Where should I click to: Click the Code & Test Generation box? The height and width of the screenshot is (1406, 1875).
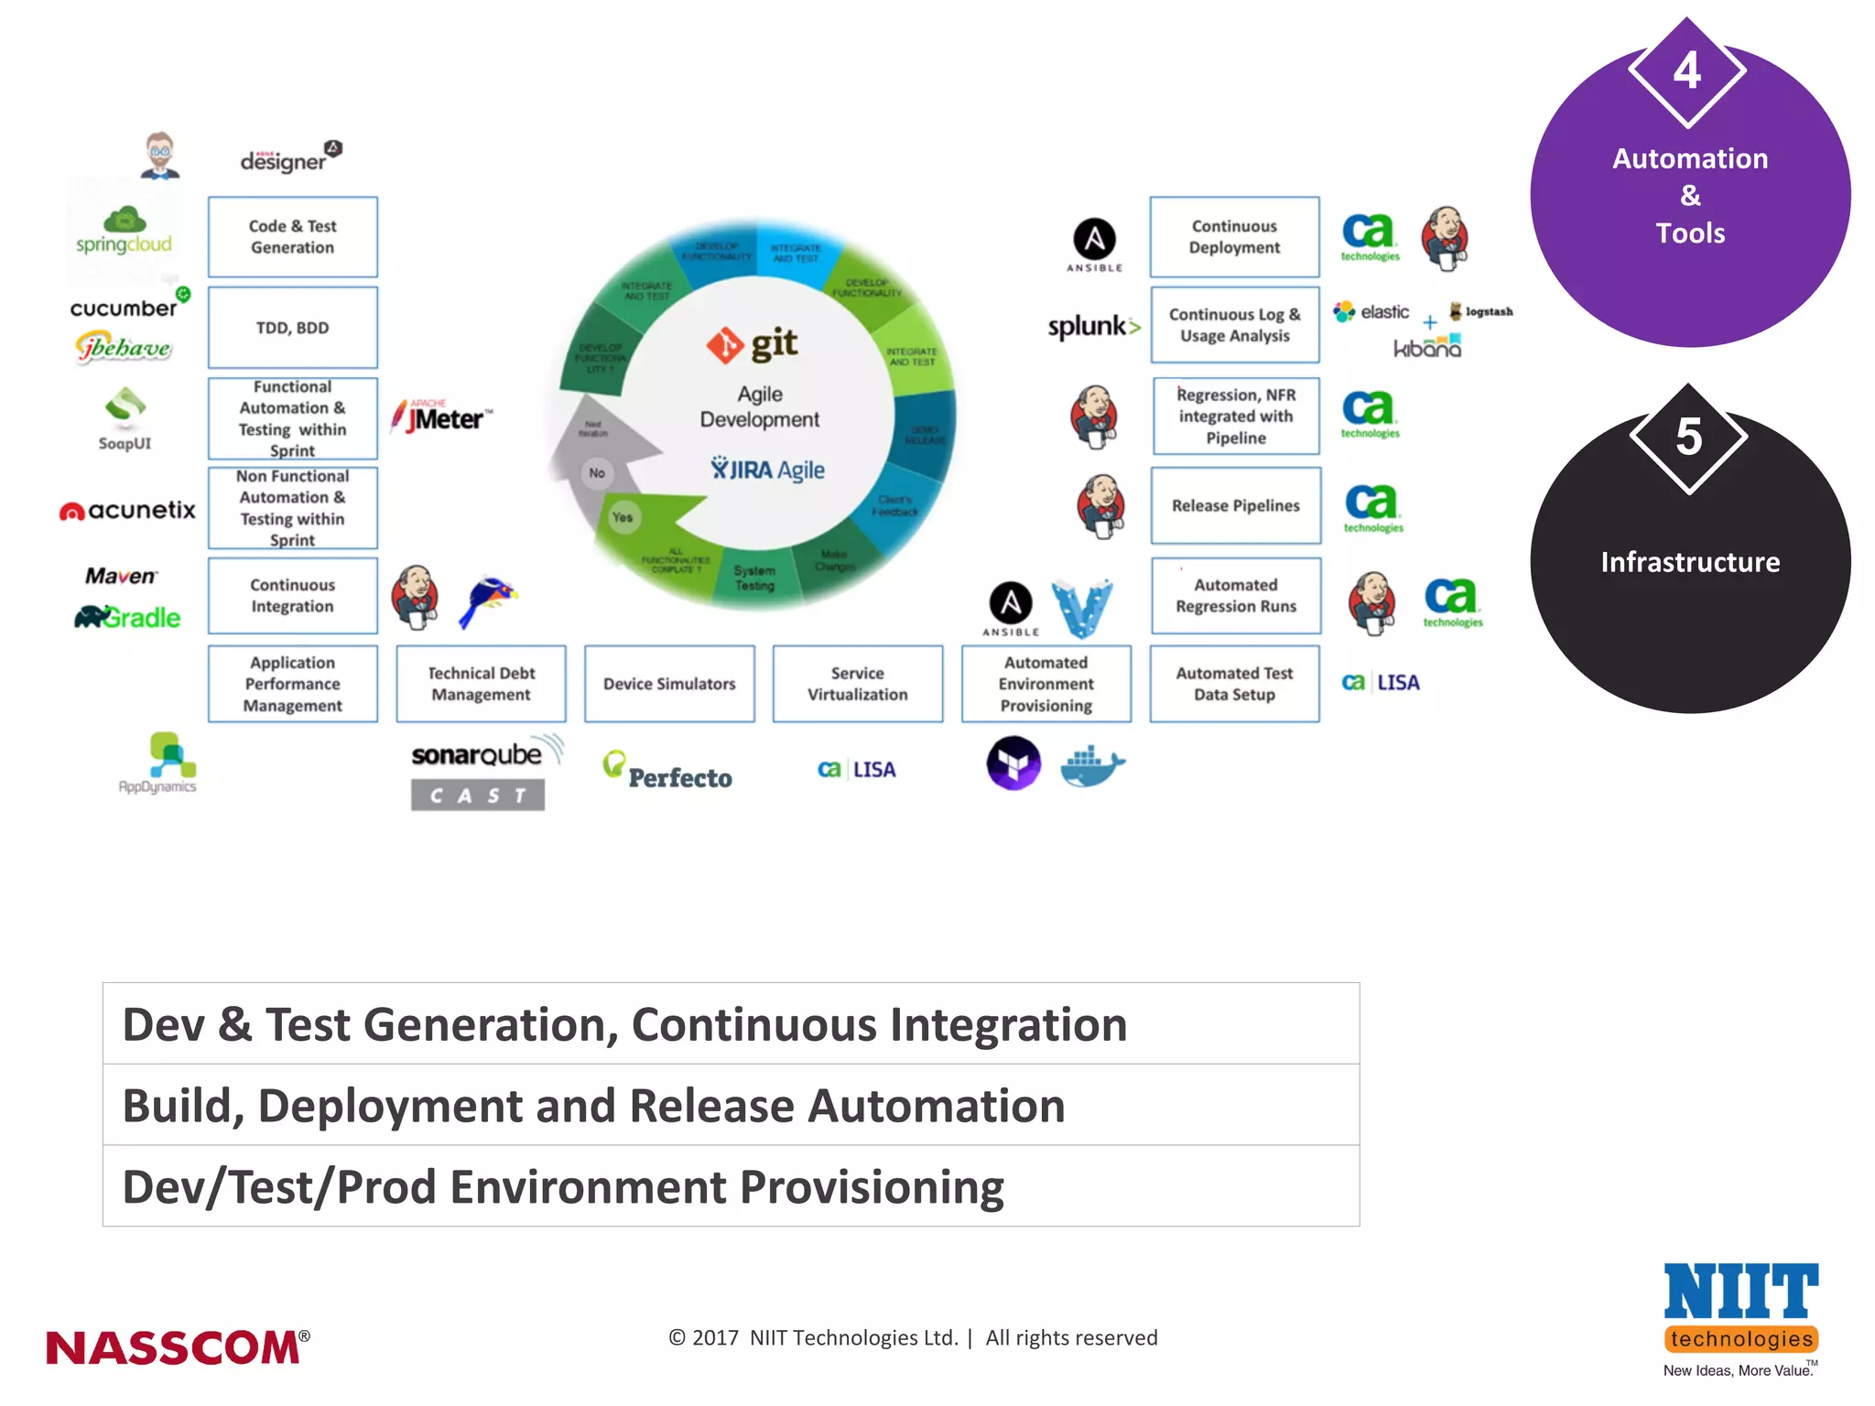[x=292, y=237]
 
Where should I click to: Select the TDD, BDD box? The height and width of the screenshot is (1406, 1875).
[x=292, y=328]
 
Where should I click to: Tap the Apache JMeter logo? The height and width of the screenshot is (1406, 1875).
[x=441, y=417]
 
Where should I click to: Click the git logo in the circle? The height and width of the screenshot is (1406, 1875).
[x=753, y=344]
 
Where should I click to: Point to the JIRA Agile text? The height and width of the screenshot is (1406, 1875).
[x=768, y=470]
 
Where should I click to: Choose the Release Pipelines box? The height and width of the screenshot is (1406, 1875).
[x=1235, y=505]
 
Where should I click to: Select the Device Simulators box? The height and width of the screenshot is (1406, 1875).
[x=669, y=684]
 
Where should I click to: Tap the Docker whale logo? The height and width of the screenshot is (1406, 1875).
[x=1091, y=765]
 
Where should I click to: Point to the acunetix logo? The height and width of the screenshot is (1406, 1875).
[x=128, y=511]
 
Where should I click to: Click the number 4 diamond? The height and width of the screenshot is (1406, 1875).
[x=1687, y=71]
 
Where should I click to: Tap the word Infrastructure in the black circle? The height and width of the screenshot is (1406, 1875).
[x=1690, y=562]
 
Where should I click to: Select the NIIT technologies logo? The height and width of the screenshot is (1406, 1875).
[x=1740, y=1316]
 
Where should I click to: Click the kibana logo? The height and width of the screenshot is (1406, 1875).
[x=1426, y=348]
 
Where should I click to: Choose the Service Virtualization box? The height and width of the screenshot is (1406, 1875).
[x=857, y=684]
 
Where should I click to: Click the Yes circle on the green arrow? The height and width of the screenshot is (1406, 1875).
[x=623, y=517]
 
